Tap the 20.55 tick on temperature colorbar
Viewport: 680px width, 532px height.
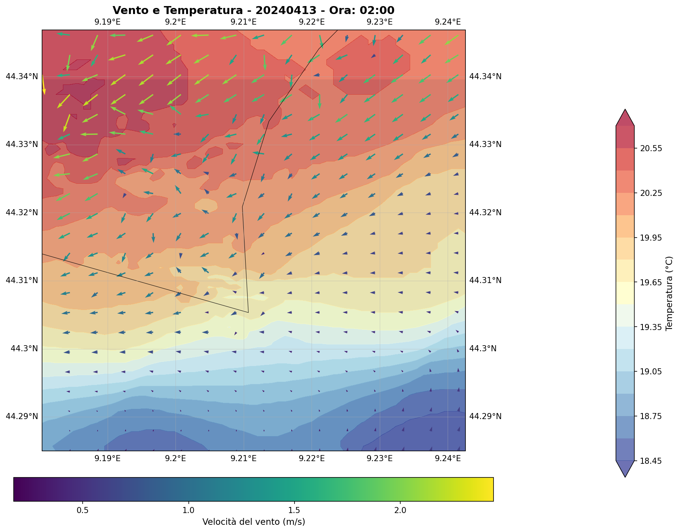pyautogui.click(x=651, y=149)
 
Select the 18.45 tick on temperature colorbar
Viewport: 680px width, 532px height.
pyautogui.click(x=651, y=461)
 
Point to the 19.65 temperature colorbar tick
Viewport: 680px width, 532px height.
pyautogui.click(x=651, y=283)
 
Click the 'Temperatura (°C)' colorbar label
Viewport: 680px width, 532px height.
pyautogui.click(x=669, y=293)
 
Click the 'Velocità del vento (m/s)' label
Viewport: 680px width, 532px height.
pyautogui.click(x=254, y=522)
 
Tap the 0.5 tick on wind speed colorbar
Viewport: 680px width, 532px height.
pyautogui.click(x=83, y=510)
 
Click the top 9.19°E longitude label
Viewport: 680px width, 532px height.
pyautogui.click(x=108, y=22)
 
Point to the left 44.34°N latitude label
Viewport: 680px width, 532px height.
pyautogui.click(x=22, y=77)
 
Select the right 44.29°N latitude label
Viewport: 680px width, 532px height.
pyautogui.click(x=486, y=416)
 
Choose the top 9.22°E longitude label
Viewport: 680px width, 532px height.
pyautogui.click(x=312, y=22)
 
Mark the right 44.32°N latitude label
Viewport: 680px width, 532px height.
pyautogui.click(x=486, y=212)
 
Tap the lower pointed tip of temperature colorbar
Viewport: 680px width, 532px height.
pyautogui.click(x=625, y=476)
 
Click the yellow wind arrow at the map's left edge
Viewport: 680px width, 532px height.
pyautogui.click(x=44, y=84)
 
